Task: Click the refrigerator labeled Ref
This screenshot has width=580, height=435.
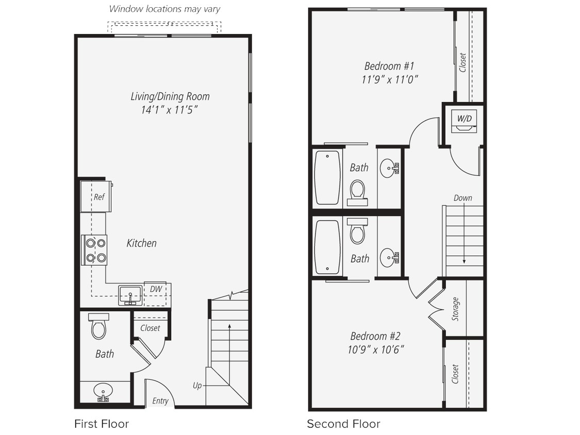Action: (96, 196)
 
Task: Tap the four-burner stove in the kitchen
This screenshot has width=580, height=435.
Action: (95, 250)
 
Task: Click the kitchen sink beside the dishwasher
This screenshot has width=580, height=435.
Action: (130, 295)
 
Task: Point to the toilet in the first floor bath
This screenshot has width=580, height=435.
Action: (98, 327)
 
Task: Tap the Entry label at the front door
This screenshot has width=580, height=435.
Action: (160, 401)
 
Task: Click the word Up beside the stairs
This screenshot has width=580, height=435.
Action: (197, 386)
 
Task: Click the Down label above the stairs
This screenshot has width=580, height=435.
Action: (462, 198)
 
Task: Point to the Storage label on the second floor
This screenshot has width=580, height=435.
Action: (455, 309)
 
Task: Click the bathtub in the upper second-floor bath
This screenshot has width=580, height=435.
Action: (327, 177)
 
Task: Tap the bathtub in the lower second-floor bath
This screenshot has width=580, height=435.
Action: (327, 247)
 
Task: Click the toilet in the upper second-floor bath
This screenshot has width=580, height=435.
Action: (357, 191)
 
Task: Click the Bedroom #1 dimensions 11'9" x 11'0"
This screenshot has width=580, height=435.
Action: (389, 79)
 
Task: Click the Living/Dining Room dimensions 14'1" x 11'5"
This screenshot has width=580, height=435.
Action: (170, 110)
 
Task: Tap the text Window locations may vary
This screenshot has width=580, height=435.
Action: (164, 9)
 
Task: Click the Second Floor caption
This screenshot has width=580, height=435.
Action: (343, 424)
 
